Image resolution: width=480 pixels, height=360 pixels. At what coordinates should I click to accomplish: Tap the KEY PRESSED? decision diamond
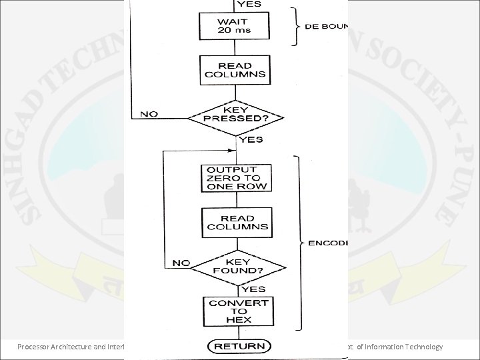237,118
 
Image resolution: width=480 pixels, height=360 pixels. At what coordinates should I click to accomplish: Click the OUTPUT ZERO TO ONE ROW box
237,177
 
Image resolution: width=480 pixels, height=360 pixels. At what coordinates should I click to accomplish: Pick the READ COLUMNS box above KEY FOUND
237,223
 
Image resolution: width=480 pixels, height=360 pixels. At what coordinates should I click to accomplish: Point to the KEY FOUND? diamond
237,267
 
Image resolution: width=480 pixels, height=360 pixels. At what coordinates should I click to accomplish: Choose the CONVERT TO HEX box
237,311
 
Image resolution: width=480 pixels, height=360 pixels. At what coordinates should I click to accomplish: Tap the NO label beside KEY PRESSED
149,114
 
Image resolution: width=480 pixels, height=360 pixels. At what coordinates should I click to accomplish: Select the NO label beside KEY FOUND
181,263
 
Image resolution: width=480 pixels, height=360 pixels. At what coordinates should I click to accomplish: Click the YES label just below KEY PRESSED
251,139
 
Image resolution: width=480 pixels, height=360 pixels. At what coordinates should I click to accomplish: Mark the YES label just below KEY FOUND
254,289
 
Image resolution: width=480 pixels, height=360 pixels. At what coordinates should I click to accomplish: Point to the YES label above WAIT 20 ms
249,4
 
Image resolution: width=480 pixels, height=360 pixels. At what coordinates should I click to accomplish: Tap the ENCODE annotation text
328,243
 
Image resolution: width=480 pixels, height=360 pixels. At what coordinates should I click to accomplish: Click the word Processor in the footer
36,346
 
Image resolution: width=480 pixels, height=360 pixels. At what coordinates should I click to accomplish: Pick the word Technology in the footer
421,346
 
